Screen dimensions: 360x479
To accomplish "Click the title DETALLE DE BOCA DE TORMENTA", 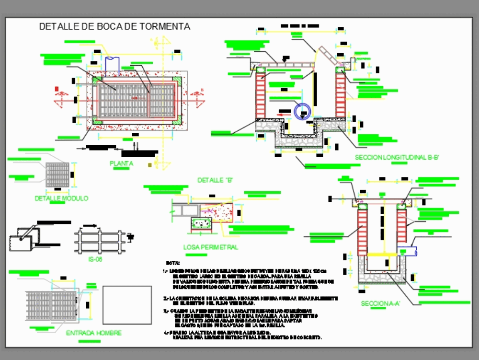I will [114, 27].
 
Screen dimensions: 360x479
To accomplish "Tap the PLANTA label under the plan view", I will [122, 163].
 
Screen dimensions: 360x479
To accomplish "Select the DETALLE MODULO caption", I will [61, 198].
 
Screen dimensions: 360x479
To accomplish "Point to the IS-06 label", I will [96, 259].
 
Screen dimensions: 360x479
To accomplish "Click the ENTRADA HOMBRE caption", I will [93, 333].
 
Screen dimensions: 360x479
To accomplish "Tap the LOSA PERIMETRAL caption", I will [211, 247].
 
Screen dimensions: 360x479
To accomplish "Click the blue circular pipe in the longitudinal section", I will [303, 112].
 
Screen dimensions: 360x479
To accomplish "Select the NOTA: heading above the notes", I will [172, 263].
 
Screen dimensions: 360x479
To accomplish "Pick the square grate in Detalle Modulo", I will [57, 174].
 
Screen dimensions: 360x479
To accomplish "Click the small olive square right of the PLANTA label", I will [150, 165].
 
